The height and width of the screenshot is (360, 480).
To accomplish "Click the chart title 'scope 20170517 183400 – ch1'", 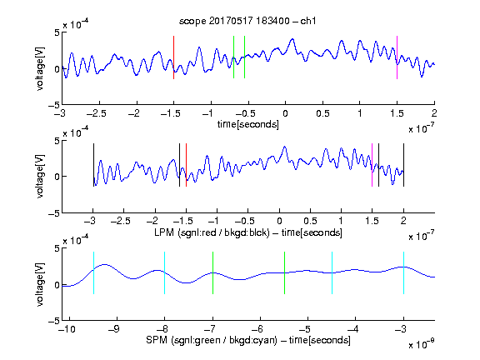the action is point(247,21).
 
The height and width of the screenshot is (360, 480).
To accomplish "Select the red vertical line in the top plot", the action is point(174,57).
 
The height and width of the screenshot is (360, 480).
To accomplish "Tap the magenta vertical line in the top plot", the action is point(397,57).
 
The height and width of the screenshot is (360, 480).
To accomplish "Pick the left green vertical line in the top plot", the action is point(233,57).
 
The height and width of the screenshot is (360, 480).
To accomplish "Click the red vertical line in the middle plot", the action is point(186,165).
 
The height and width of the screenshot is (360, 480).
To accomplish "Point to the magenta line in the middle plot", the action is point(372,165).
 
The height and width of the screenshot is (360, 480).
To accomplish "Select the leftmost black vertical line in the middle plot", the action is point(93,165).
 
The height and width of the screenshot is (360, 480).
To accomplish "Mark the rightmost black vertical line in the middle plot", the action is point(403,165).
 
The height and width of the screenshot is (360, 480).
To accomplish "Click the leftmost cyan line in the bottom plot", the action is point(93,272).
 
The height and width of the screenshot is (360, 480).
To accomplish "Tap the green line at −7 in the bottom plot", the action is point(212,272).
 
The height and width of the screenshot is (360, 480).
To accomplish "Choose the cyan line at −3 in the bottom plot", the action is point(403,272).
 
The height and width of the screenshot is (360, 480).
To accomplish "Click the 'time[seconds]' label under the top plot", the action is point(248,124).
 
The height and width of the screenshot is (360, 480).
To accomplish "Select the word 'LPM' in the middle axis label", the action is point(164,232).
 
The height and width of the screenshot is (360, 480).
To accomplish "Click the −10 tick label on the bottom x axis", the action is point(67,329).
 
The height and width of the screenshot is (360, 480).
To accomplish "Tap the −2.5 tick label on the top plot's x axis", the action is point(97,113).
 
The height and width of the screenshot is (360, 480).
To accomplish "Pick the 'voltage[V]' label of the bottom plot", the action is point(40,284).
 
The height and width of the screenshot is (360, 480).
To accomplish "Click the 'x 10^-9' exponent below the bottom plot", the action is point(422,344).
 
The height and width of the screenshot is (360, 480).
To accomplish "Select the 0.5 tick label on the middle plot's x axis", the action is point(310,221).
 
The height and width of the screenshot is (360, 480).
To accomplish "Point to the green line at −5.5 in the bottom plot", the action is point(284,272).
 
